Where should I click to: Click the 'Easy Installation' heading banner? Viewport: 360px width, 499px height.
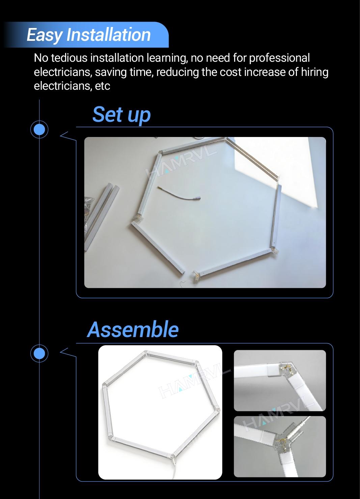[88, 35]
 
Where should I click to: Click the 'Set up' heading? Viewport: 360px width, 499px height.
[121, 115]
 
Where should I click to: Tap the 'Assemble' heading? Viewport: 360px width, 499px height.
[133, 330]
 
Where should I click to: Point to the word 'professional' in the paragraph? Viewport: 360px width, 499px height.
[279, 58]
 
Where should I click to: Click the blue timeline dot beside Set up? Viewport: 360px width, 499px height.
[39, 129]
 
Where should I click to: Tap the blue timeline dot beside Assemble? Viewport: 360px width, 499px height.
[39, 353]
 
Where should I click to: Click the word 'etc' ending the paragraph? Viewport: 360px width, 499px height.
[103, 86]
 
